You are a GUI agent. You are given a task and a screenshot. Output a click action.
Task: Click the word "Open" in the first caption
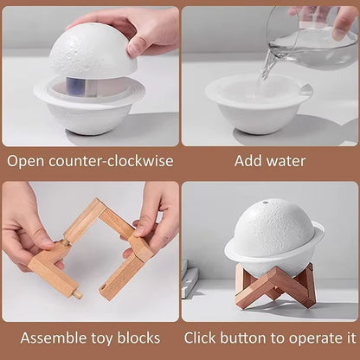tap(25, 161)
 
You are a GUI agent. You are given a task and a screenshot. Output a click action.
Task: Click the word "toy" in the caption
tap(102, 337)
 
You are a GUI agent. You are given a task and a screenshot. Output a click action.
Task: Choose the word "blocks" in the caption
tap(138, 337)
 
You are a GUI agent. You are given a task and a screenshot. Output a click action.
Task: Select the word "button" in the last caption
tap(252, 337)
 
